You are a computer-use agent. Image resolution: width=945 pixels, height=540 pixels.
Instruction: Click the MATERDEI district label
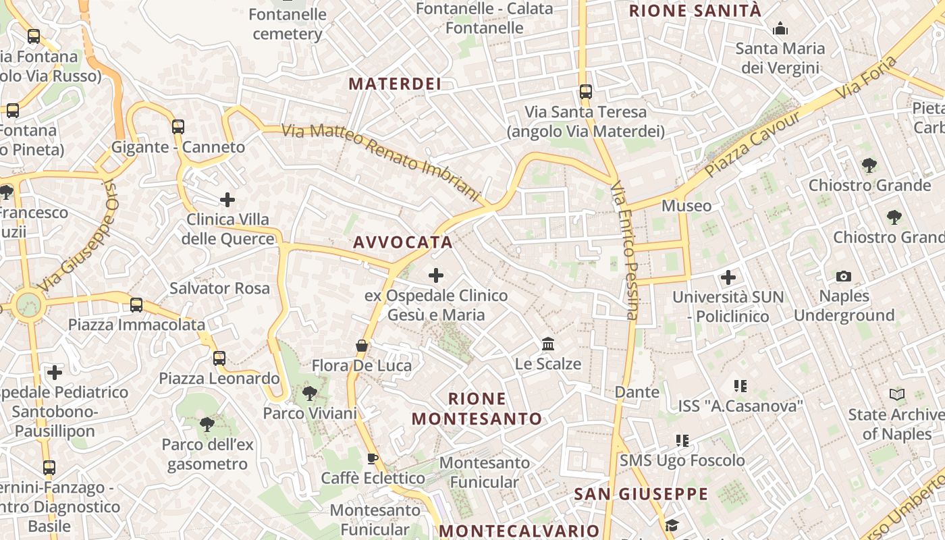pyautogui.click(x=395, y=84)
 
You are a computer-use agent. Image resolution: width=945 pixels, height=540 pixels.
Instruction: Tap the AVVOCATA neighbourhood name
pyautogui.click(x=402, y=242)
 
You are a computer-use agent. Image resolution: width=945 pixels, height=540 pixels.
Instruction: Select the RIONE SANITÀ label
pyautogui.click(x=695, y=11)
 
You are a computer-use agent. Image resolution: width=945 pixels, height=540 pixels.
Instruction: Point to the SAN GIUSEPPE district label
pyautogui.click(x=641, y=494)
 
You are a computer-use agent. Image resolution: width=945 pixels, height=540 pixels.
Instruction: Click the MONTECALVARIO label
pyautogui.click(x=519, y=531)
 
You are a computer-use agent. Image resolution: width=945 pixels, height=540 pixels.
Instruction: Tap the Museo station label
pyautogui.click(x=686, y=206)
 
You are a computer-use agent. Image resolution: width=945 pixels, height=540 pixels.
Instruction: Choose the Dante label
pyautogui.click(x=637, y=391)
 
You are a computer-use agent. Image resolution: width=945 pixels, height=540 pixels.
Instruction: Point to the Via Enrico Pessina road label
pyautogui.click(x=624, y=250)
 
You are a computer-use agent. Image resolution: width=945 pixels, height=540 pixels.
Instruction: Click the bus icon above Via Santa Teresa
pyautogui.click(x=585, y=92)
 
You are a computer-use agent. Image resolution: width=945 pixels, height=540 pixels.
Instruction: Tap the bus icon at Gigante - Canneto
pyautogui.click(x=178, y=126)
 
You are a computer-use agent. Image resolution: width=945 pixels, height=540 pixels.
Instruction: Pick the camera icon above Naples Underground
pyautogui.click(x=843, y=276)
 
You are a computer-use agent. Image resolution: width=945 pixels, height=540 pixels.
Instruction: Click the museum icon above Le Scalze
pyautogui.click(x=548, y=344)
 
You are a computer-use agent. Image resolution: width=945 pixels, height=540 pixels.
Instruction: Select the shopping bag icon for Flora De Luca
pyautogui.click(x=362, y=346)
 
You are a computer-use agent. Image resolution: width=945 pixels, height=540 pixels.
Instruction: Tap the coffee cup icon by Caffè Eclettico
pyautogui.click(x=372, y=459)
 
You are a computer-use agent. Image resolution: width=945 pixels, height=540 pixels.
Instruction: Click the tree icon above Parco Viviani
pyautogui.click(x=310, y=393)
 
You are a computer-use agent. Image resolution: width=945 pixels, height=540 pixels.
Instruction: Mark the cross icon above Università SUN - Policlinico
pyautogui.click(x=728, y=277)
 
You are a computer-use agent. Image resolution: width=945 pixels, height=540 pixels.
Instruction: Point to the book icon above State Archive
pyautogui.click(x=896, y=395)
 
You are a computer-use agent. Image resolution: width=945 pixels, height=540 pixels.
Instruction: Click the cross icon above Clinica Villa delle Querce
pyautogui.click(x=227, y=200)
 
